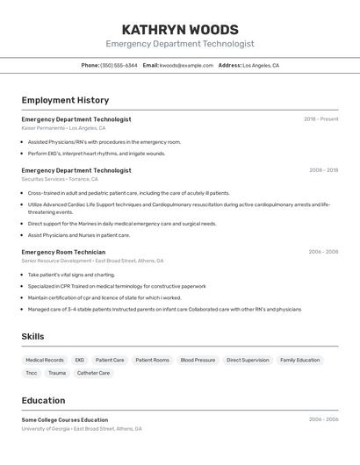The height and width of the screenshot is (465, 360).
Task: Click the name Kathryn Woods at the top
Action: [180, 29]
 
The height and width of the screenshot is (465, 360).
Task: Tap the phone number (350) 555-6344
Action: [119, 65]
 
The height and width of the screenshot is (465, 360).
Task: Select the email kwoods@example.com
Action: [186, 65]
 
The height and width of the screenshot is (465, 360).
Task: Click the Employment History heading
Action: [65, 100]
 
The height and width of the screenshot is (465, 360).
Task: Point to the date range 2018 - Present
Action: [320, 119]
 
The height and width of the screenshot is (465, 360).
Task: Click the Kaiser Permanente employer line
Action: [63, 128]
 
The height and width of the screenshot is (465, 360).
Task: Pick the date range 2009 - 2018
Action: [323, 170]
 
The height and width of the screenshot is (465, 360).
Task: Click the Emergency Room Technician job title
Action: [63, 252]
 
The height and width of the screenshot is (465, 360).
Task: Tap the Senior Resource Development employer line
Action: [92, 261]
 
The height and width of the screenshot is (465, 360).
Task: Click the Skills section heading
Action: [32, 336]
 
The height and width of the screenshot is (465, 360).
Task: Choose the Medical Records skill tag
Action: [45, 360]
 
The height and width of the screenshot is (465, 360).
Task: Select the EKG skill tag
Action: [79, 360]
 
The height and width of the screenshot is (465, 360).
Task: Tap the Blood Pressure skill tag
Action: [198, 360]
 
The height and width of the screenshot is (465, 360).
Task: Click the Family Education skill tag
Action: [300, 360]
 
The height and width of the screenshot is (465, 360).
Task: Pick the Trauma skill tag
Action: [57, 373]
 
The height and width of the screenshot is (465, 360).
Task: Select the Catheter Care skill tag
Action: [93, 373]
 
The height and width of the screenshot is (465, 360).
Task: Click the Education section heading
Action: [43, 399]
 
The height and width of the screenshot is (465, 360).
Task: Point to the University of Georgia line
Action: [82, 429]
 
